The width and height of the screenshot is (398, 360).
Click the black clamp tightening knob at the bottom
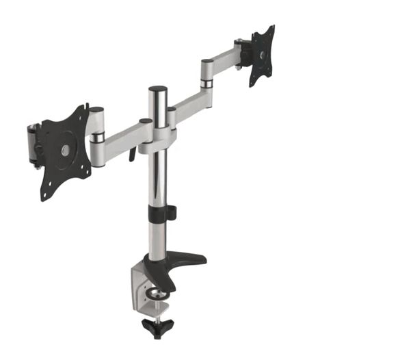tap(157, 326)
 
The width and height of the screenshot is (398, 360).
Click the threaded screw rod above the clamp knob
tap(157, 311)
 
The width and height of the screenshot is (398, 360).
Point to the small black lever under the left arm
tap(133, 155)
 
